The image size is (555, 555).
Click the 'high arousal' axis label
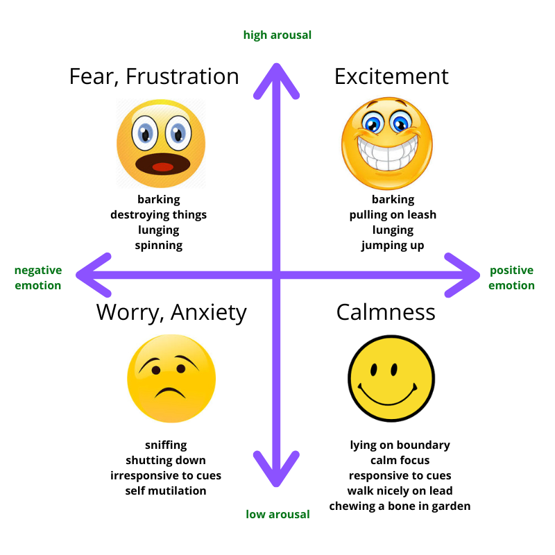[277, 35]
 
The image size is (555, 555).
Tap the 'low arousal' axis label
[277, 514]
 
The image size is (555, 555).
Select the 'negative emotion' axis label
[38, 277]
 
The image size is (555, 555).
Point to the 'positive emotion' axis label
[511, 277]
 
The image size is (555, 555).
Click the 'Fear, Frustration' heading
[154, 76]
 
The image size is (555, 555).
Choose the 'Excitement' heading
[391, 76]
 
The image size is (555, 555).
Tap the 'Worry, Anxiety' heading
[171, 312]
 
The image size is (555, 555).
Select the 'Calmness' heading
[386, 312]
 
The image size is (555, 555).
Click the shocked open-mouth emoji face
[161, 144]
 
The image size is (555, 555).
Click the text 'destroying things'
[158, 214]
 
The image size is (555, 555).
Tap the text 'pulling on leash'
[393, 214]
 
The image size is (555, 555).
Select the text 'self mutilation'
[166, 490]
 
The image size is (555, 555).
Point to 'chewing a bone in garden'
[400, 506]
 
